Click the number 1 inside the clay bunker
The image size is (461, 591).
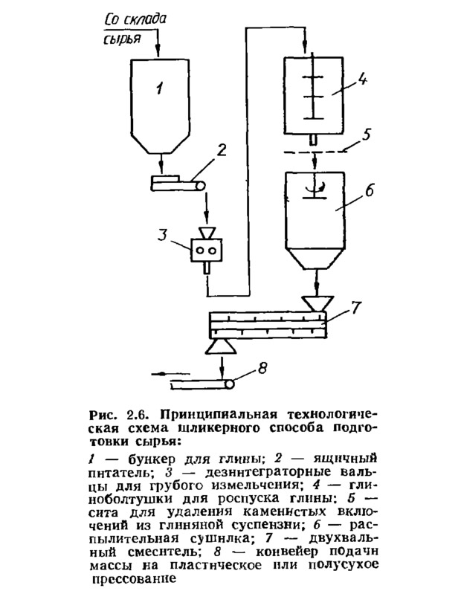click(160, 89)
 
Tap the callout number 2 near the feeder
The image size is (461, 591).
click(221, 150)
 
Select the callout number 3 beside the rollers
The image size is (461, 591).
click(162, 236)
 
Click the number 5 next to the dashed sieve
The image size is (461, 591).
click(364, 135)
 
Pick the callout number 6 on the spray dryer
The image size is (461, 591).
click(370, 190)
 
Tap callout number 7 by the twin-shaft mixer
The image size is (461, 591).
click(355, 308)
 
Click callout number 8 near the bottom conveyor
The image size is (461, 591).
click(262, 367)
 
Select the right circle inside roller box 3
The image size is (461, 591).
click(213, 250)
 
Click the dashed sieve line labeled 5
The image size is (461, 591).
click(315, 152)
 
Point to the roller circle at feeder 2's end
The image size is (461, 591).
click(200, 185)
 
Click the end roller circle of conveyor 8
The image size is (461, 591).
click(228, 384)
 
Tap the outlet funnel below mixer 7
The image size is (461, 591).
click(221, 346)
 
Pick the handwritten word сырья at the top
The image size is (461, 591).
click(122, 39)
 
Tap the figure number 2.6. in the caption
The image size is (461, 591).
click(139, 415)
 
